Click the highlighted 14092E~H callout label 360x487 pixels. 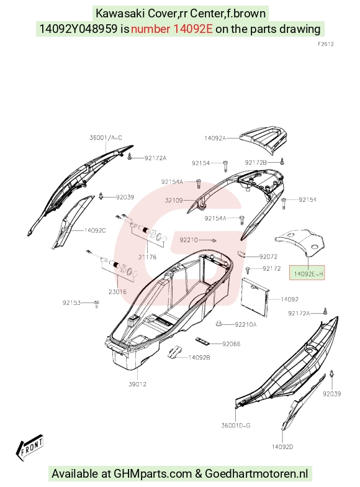click(307, 273)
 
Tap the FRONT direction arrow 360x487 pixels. click(30, 447)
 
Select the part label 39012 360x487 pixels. click(138, 384)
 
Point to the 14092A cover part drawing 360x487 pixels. click(263, 142)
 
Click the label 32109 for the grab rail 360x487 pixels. click(174, 200)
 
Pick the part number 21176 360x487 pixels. click(148, 257)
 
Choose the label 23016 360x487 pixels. click(118, 292)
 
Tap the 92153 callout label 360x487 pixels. click(72, 303)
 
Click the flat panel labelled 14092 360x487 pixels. click(255, 297)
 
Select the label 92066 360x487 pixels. click(231, 344)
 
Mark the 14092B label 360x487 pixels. click(199, 358)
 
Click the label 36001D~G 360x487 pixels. click(236, 426)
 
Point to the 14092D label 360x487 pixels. click(282, 447)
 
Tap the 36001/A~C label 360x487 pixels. click(106, 138)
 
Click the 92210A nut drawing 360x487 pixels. click(218, 324)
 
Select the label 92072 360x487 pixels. click(268, 257)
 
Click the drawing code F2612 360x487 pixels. click(326, 44)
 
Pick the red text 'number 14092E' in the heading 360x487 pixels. click(171, 29)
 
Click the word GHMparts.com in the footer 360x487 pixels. click(153, 473)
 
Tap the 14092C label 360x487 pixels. click(95, 230)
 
